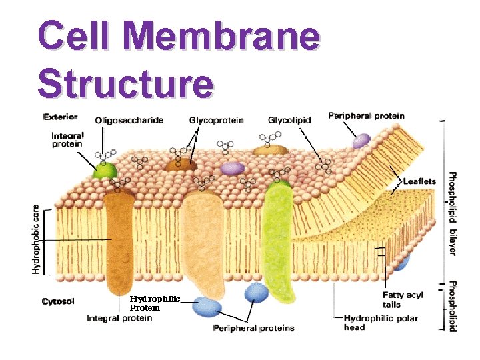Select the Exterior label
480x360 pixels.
point(60,117)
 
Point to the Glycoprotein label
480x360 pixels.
point(216,121)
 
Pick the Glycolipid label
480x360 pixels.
point(289,121)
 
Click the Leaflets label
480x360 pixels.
point(418,181)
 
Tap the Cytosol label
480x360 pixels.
point(58,301)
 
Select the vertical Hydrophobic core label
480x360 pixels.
point(36,239)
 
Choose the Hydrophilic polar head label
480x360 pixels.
point(381,323)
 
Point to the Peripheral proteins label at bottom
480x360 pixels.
point(253,328)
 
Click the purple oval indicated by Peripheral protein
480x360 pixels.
point(361,141)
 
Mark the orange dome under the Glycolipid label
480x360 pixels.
point(270,151)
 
